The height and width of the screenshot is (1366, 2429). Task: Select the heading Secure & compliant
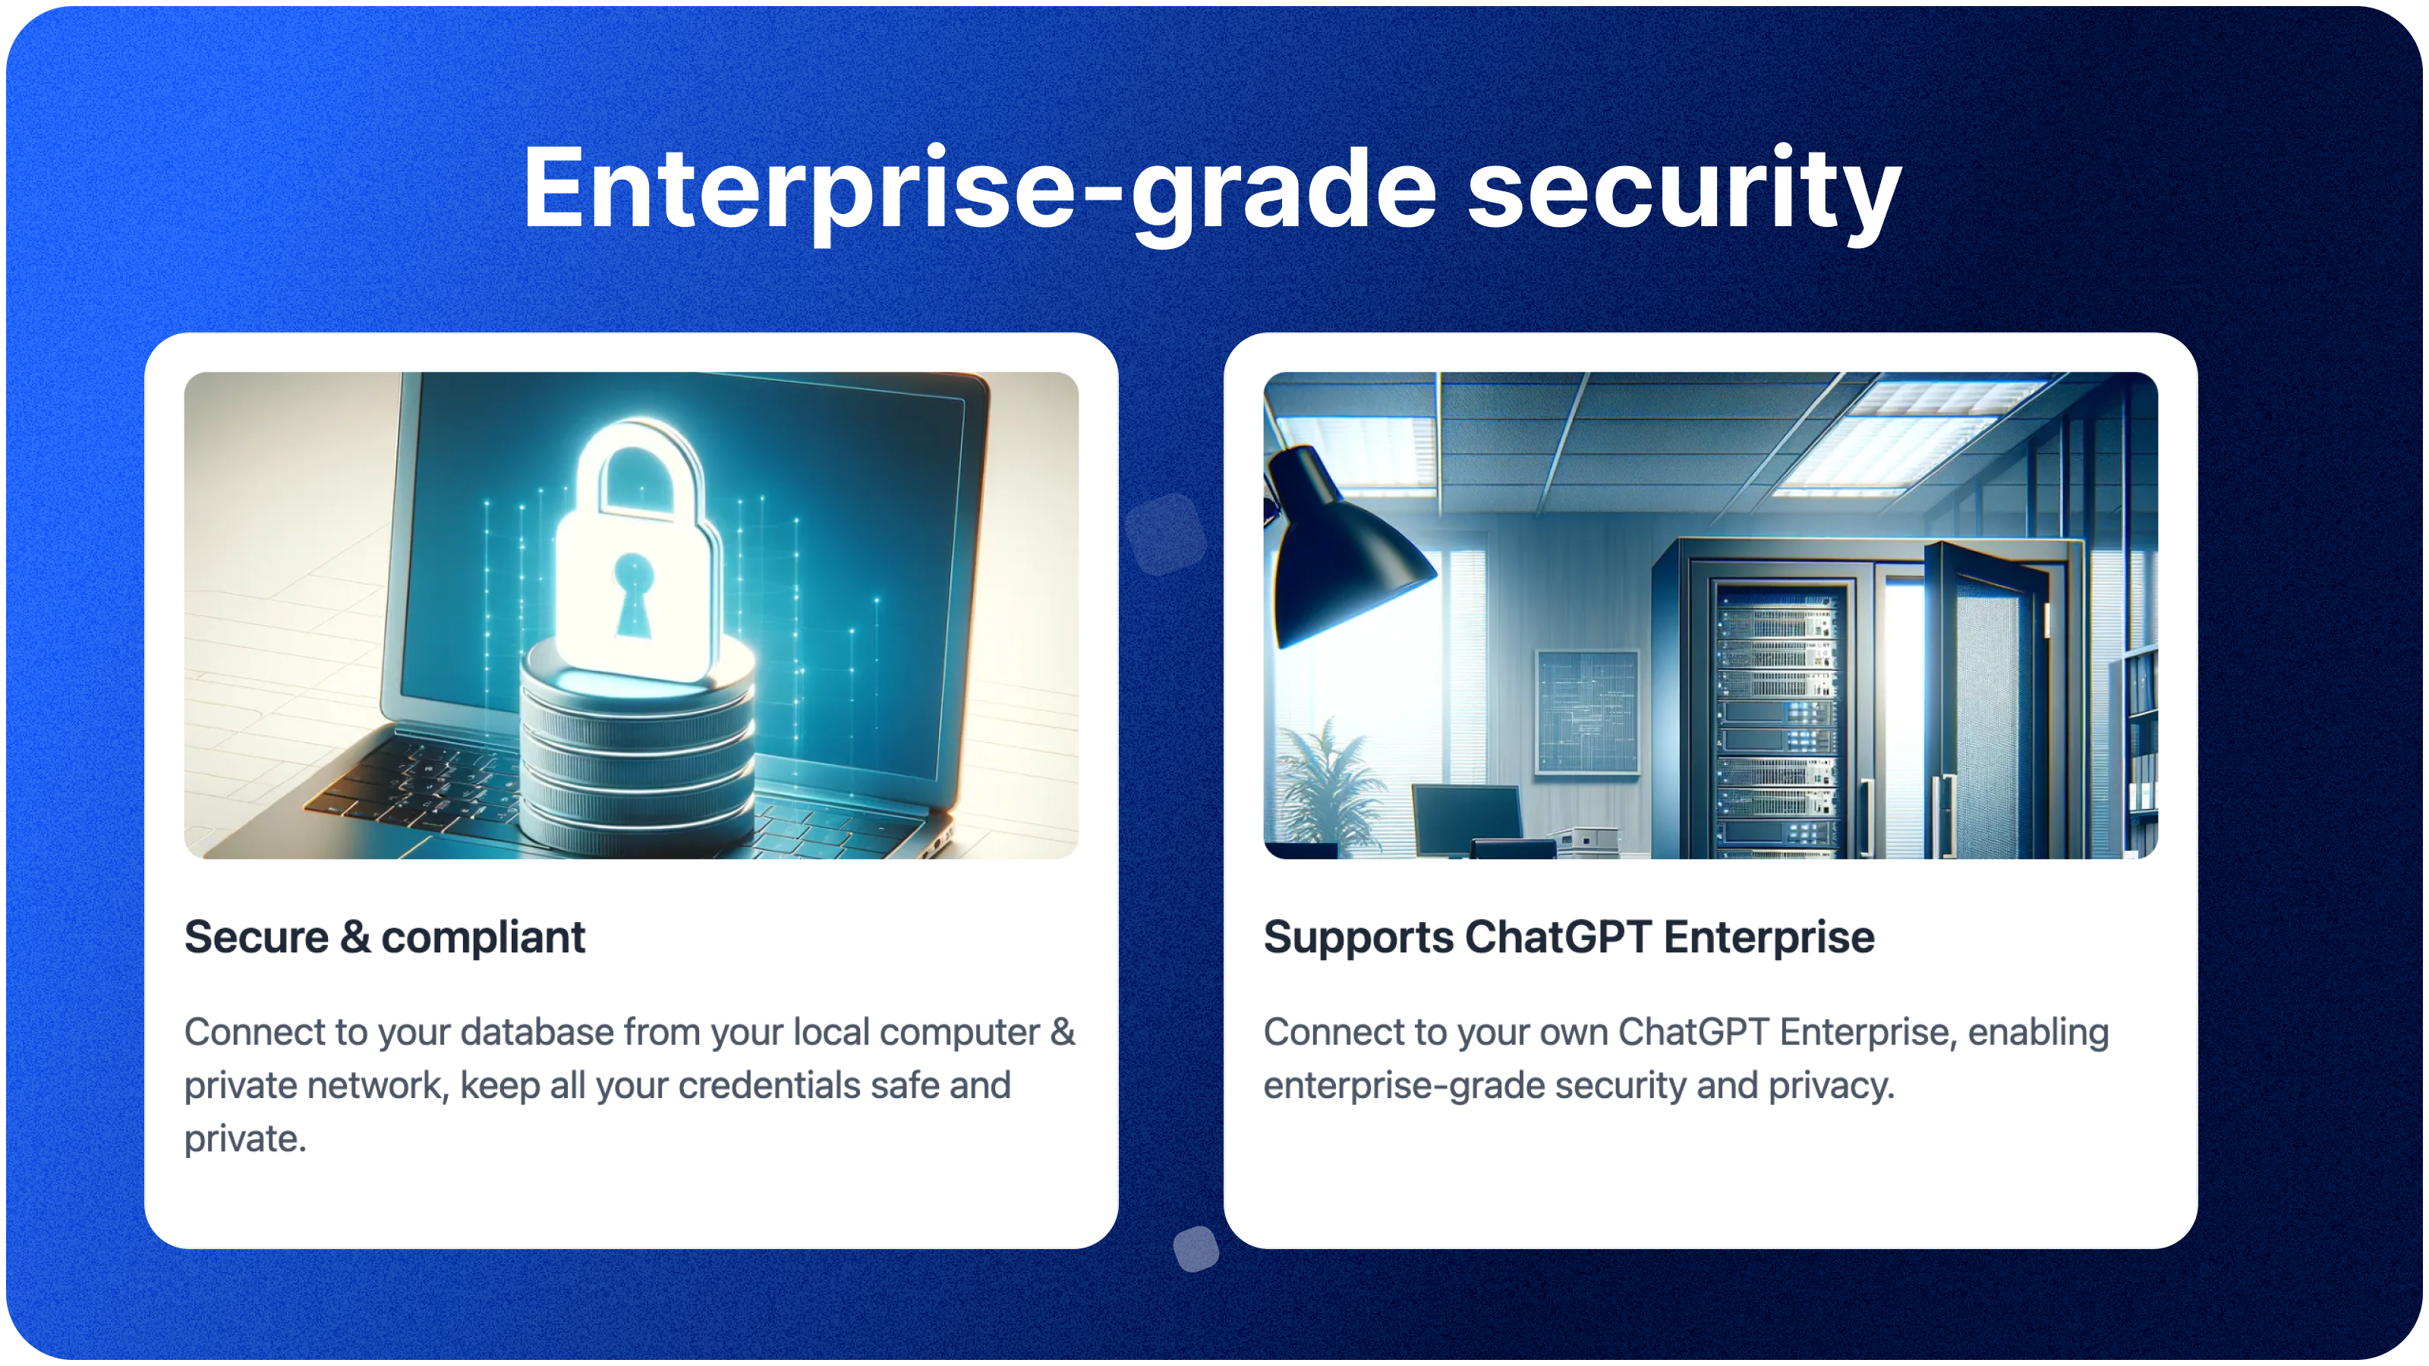point(385,937)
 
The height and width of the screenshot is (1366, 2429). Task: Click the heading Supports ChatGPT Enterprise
point(1568,937)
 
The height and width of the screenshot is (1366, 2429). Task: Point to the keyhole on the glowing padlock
point(634,594)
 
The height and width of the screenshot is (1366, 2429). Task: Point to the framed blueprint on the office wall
point(1587,712)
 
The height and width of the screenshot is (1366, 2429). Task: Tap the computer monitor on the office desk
point(1467,816)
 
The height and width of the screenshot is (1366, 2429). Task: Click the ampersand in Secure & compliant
point(355,937)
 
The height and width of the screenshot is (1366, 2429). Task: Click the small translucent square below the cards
point(1196,1249)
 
